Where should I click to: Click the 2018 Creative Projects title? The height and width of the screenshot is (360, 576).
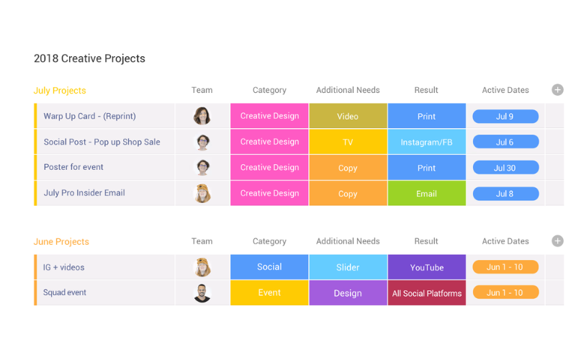point(89,58)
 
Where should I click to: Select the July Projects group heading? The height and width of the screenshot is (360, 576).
point(60,91)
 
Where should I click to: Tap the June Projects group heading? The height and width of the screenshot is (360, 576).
point(61,242)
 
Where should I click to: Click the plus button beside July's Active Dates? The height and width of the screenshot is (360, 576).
point(557,89)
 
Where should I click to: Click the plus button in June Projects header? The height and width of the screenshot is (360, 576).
point(557,241)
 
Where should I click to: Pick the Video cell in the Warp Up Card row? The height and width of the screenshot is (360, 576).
point(348,116)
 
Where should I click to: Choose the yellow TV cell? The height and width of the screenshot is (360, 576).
point(348,142)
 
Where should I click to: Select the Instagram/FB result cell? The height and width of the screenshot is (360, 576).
point(426,142)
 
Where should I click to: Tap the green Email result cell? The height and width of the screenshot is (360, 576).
point(426,193)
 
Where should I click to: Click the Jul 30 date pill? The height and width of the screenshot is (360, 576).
point(505,168)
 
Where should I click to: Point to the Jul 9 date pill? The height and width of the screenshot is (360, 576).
point(505,117)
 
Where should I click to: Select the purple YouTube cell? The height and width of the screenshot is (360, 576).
point(426,267)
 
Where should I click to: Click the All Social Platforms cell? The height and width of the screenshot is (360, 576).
point(426,293)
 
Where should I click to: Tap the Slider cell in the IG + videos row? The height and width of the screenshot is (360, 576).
point(348,267)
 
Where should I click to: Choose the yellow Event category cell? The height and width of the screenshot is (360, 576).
point(269,293)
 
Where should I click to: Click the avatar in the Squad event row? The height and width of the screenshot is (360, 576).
point(202,293)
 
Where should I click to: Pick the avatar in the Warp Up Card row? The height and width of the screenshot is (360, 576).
point(202,116)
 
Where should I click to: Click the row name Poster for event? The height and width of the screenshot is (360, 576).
point(73,167)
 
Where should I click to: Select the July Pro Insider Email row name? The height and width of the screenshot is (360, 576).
point(84,193)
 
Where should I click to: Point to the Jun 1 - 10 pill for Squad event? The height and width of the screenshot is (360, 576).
point(505,292)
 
